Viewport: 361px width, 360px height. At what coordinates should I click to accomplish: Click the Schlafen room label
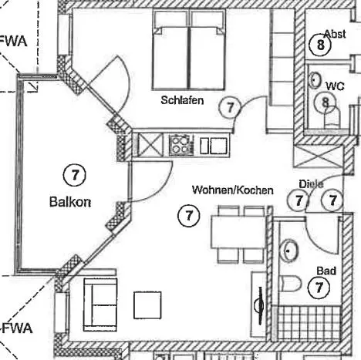pos(182,100)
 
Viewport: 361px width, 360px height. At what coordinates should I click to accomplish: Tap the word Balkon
pos(70,202)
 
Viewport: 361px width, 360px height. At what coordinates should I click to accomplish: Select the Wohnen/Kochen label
pos(233,190)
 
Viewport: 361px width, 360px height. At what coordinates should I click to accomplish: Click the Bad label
pos(326,271)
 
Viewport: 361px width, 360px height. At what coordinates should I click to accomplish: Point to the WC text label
pos(335,86)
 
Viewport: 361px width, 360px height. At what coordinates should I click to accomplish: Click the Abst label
pos(335,34)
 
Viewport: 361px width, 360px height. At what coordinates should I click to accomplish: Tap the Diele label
pos(311,184)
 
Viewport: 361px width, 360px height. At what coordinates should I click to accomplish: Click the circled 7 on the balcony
pos(75,175)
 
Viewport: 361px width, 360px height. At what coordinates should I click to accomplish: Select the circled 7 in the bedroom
pos(230,107)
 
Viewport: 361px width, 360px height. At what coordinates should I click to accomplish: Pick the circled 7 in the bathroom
pos(319,288)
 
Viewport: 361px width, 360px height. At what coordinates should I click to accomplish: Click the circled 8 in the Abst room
pos(320,45)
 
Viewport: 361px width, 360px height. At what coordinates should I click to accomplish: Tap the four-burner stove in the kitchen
pos(181,145)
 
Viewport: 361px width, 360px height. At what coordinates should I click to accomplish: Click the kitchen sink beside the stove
pos(214,146)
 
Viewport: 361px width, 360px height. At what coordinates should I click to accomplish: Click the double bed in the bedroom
pos(189,50)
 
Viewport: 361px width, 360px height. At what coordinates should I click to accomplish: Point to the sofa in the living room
pos(100,304)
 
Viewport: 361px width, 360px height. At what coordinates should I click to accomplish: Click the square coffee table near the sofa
pos(147,304)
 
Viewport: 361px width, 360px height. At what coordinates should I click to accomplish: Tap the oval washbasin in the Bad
pos(289,251)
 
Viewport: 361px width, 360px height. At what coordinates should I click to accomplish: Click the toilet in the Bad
pos(290,284)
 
